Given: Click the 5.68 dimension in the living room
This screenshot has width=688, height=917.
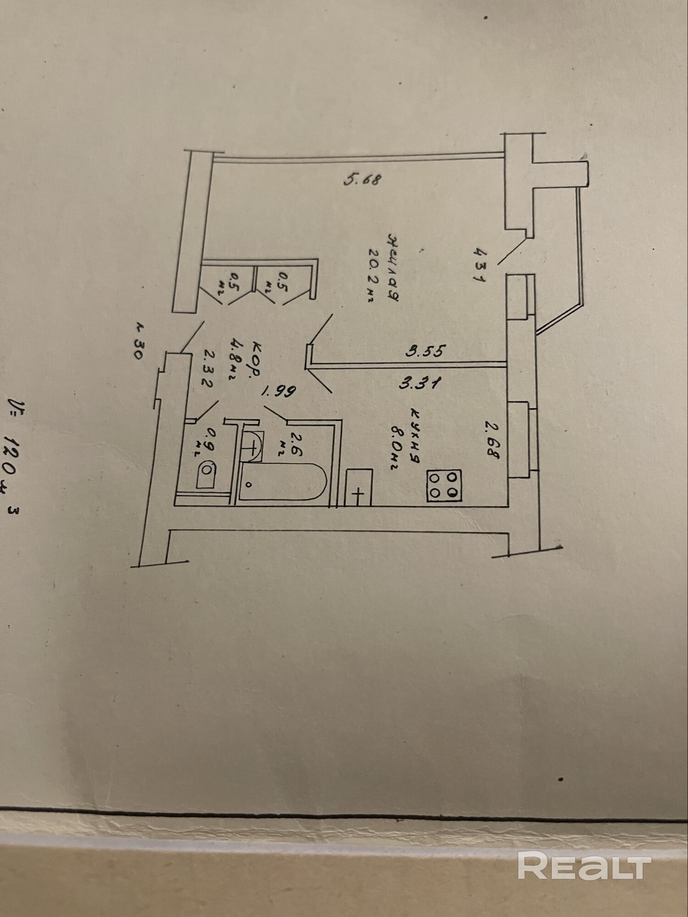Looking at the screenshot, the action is (x=362, y=179).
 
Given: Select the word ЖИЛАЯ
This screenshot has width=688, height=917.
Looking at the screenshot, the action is (x=392, y=267).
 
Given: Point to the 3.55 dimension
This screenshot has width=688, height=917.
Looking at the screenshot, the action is (x=426, y=351).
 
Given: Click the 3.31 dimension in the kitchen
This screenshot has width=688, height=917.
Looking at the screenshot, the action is (x=420, y=382).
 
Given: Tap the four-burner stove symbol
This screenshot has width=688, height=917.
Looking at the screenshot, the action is (x=444, y=486).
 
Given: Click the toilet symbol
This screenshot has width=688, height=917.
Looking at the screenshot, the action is (x=206, y=475).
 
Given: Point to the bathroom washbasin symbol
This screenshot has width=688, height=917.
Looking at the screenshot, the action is (x=252, y=445).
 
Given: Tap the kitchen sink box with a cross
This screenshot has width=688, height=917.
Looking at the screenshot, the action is (x=358, y=487).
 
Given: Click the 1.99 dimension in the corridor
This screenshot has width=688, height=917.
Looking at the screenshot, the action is (x=278, y=391).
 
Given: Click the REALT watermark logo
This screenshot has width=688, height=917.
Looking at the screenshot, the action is (x=584, y=865).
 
